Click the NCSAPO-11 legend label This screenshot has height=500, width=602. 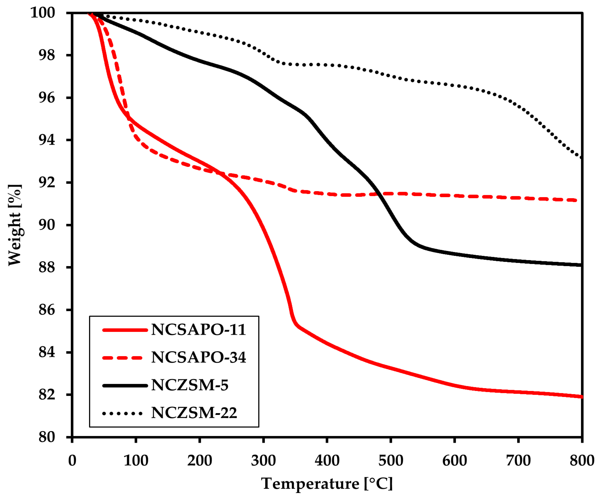(x=198, y=330)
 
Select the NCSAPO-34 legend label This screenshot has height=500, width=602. (x=198, y=357)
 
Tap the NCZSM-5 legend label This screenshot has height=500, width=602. (x=190, y=385)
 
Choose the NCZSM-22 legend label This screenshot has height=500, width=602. (x=194, y=413)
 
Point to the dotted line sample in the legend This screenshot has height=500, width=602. (x=123, y=414)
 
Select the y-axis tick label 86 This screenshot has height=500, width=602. (x=47, y=310)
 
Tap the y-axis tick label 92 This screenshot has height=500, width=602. (x=47, y=182)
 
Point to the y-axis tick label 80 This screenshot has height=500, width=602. (x=47, y=437)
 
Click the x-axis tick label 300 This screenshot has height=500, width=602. (x=263, y=460)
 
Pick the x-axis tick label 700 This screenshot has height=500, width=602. (x=518, y=460)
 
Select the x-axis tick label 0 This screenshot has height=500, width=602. (x=72, y=460)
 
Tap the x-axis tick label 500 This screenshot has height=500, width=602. (x=391, y=460)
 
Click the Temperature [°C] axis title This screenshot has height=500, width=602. (x=327, y=484)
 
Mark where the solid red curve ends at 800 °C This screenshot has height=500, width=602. (x=581, y=397)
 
